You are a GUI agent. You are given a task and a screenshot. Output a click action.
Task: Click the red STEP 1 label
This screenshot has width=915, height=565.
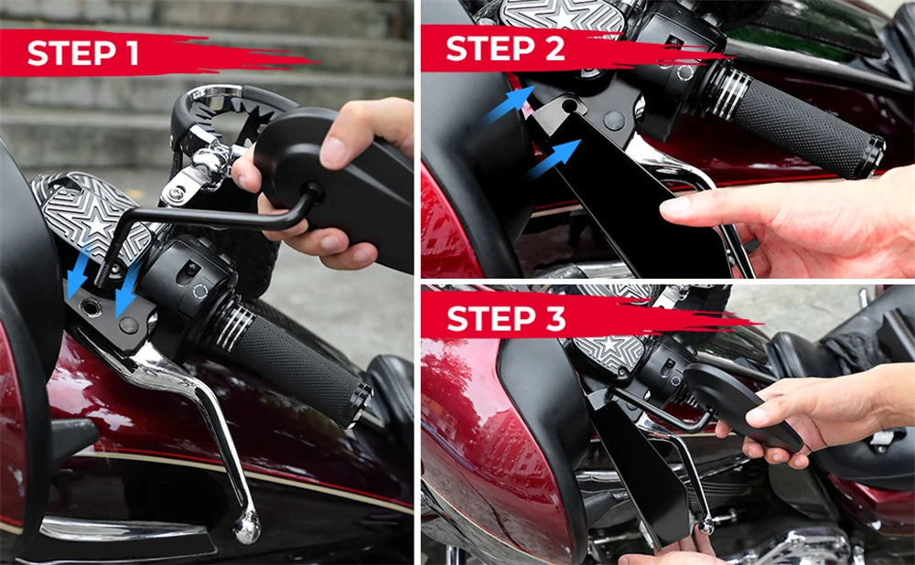83,53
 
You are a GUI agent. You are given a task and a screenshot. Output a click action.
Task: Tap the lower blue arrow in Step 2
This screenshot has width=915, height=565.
554,157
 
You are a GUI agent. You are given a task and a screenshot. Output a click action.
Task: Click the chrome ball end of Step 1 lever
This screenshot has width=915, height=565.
246,525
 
